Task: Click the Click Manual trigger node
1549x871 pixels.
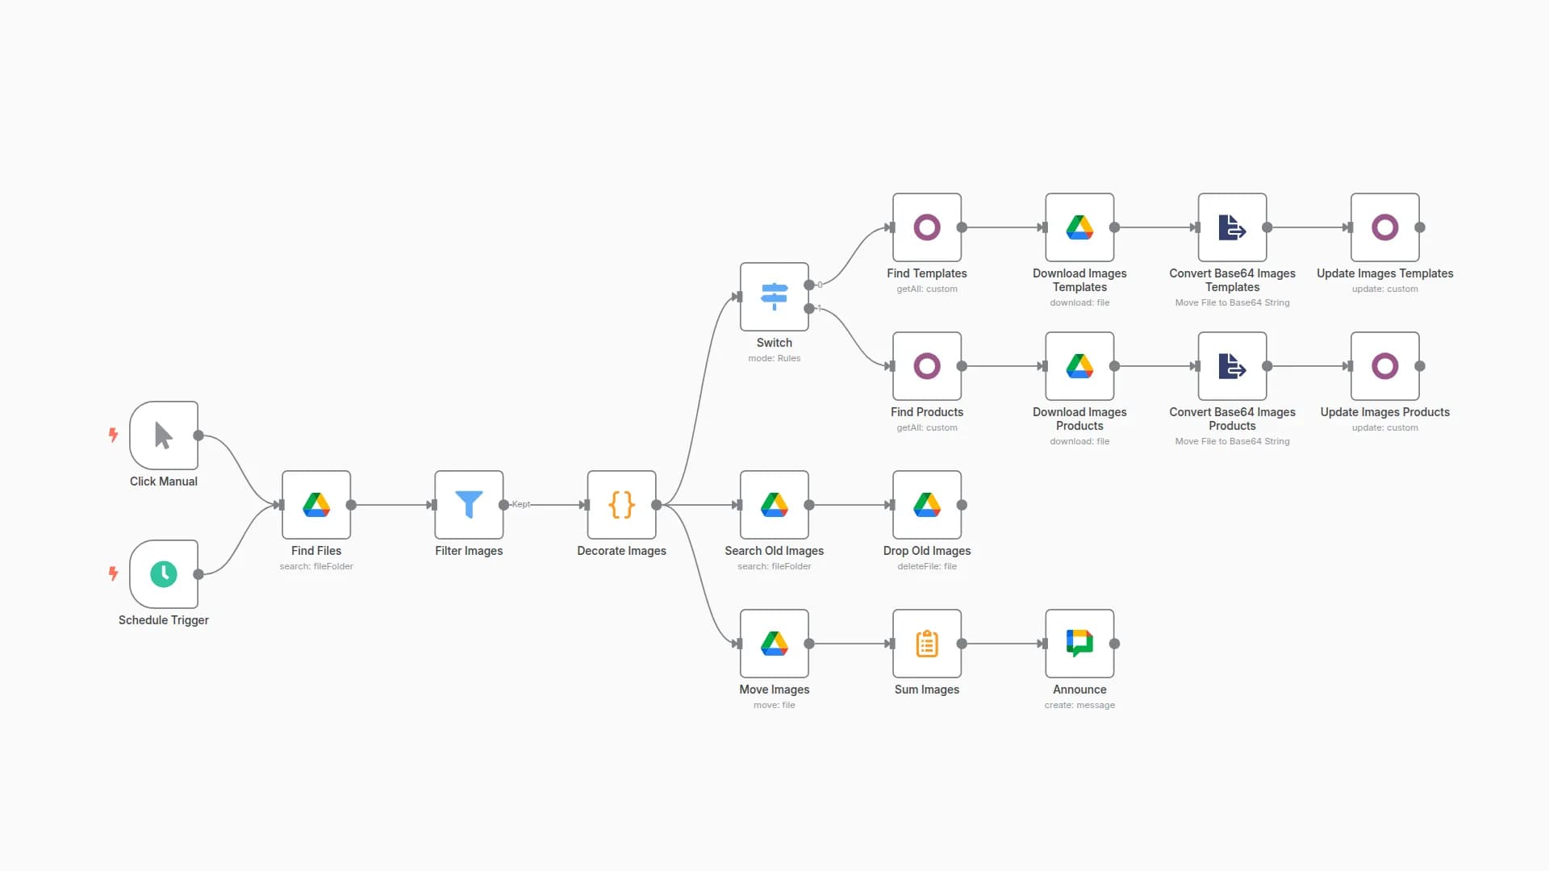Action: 164,435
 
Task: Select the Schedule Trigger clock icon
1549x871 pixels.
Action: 164,574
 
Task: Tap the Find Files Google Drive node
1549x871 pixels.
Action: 316,505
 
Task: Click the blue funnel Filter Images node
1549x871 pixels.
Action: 469,505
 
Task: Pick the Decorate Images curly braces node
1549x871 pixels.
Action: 621,505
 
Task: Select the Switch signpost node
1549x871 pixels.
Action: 774,297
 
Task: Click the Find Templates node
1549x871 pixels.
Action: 926,227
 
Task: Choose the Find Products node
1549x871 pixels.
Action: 926,366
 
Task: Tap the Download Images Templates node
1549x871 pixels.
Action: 1079,227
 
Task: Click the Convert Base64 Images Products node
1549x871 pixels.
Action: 1232,366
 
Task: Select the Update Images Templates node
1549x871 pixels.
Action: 1384,227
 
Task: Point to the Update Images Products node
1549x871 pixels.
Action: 1384,366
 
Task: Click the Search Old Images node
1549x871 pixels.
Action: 774,505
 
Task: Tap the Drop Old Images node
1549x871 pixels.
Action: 926,505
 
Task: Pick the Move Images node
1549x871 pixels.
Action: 774,644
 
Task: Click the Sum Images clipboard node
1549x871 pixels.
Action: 926,644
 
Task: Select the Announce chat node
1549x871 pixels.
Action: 1079,644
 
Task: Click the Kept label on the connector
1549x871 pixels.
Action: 521,504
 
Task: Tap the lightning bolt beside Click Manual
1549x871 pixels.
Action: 114,435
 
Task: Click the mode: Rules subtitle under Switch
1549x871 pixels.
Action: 774,358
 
